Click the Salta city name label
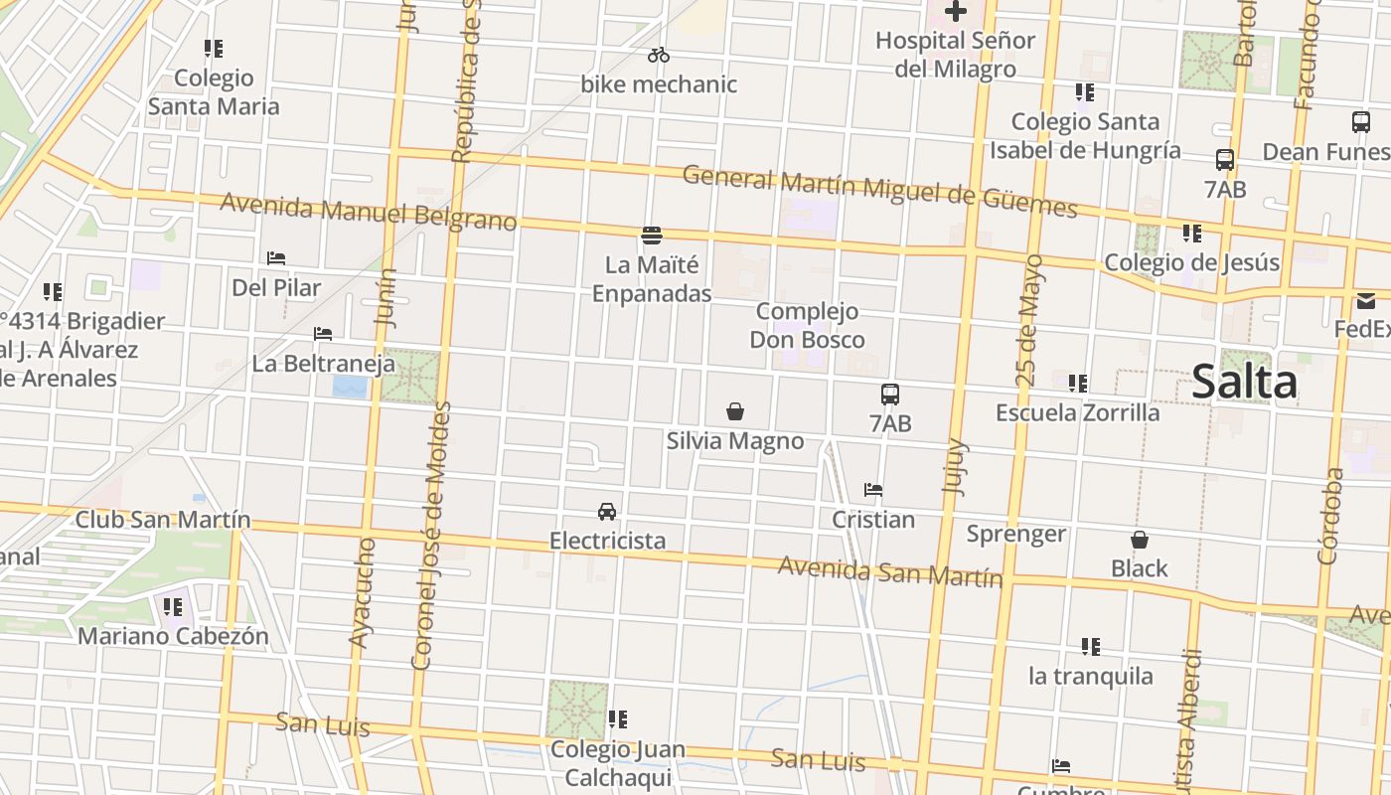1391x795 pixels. (1244, 383)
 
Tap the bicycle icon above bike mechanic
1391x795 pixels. (659, 55)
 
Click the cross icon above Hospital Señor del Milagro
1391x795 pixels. (956, 12)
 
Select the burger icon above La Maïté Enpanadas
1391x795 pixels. (652, 236)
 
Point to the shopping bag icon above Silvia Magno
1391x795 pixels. (735, 411)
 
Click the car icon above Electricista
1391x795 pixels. (607, 512)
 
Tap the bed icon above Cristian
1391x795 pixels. (873, 490)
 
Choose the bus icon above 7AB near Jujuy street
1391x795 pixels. (890, 395)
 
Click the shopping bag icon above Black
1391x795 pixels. (1140, 540)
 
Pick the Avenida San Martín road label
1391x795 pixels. (890, 571)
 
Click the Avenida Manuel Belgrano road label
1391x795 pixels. (369, 212)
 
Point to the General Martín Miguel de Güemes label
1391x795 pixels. (880, 192)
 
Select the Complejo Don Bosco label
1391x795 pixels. (807, 326)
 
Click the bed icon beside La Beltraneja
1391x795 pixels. (323, 334)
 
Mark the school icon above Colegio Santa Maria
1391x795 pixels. (214, 49)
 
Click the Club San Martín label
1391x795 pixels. (163, 520)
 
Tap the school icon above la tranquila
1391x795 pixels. (1091, 647)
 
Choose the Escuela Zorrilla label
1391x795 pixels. (1078, 412)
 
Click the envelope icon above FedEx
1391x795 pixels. (1366, 300)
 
